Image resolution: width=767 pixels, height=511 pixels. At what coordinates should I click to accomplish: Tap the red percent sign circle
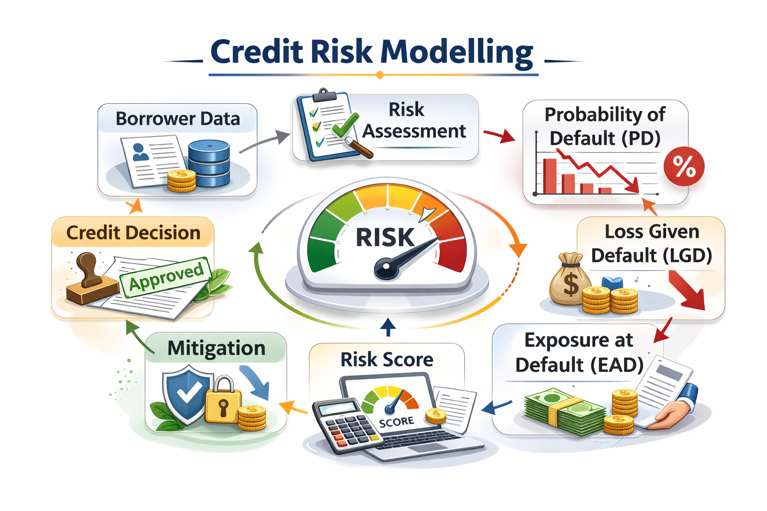pos(684,166)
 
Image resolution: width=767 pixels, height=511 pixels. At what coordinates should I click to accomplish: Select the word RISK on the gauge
pos(385,237)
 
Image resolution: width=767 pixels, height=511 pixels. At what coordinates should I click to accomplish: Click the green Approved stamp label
pos(166,276)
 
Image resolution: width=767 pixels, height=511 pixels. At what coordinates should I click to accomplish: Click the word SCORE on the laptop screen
pos(396,422)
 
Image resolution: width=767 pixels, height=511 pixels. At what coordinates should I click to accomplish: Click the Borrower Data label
pos(178,119)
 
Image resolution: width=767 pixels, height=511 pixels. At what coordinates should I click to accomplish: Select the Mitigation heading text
pos(216,348)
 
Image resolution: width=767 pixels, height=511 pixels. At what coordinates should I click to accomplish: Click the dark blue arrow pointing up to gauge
pos(388,327)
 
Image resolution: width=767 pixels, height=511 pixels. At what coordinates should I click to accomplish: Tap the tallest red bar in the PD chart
pos(549,176)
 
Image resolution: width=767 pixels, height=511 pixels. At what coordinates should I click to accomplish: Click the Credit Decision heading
pos(133,233)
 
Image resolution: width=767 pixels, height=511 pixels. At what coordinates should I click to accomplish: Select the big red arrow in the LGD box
pos(687,289)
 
